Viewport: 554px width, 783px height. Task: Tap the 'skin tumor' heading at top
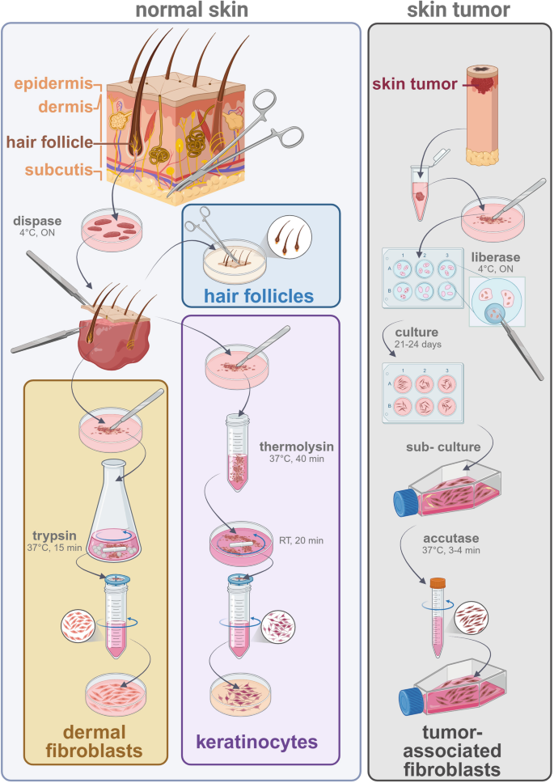459,11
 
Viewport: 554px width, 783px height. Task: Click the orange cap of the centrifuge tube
438,582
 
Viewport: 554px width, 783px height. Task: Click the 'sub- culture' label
460,447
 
